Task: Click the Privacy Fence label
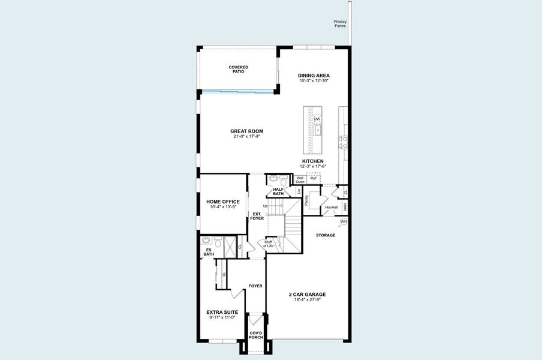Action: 341,23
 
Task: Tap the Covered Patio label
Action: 238,69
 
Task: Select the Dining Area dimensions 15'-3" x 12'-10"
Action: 314,80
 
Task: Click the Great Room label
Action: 247,131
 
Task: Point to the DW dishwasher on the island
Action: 317,119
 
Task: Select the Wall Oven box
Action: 300,179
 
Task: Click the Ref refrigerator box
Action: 314,178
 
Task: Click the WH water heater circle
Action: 344,221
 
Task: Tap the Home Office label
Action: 223,202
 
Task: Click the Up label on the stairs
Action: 265,206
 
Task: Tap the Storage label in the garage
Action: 326,235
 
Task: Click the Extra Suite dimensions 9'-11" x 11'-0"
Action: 222,318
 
